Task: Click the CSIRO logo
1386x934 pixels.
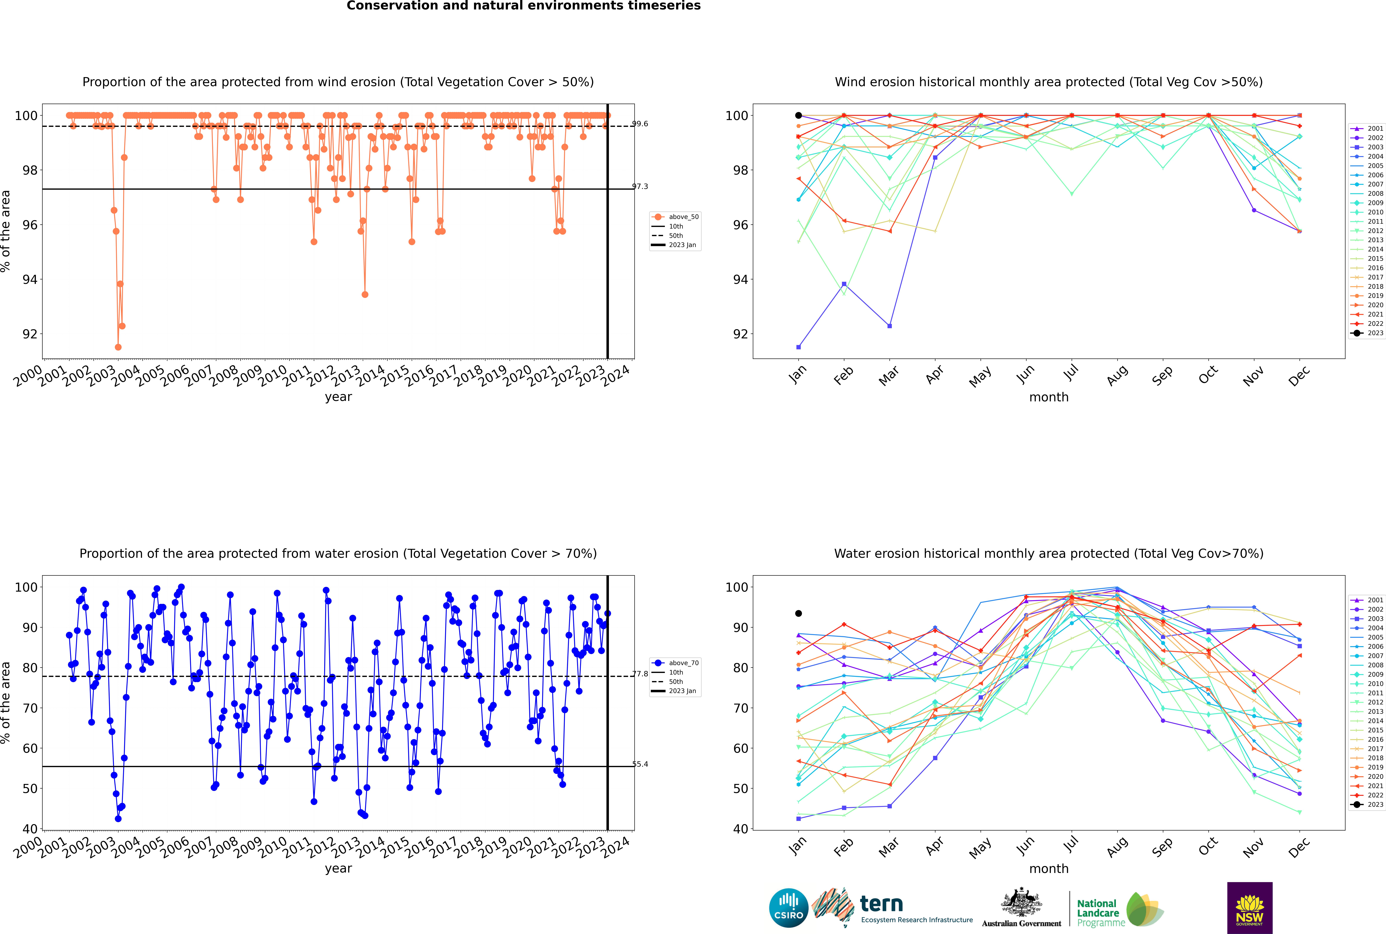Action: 788,908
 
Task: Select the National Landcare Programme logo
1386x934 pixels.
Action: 1119,909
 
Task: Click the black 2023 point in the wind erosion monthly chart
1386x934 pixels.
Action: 799,116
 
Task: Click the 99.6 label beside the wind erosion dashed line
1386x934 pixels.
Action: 640,124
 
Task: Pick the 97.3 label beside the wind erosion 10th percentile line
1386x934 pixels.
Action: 640,186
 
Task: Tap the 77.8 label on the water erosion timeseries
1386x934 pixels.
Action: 640,674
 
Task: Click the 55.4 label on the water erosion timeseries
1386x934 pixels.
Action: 640,764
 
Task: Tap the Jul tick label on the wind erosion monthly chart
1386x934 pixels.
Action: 1071,373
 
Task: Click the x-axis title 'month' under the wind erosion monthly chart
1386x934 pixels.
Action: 1049,397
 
